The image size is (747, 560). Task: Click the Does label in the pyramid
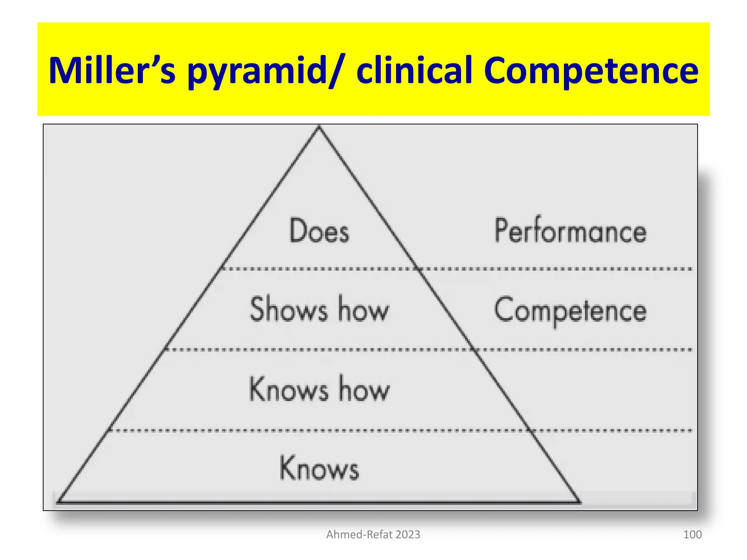click(x=319, y=230)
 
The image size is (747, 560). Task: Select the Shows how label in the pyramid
click(x=319, y=309)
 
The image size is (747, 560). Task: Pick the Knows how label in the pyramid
click(x=319, y=389)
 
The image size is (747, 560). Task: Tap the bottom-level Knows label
click(x=319, y=468)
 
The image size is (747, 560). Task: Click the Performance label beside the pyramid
click(x=570, y=230)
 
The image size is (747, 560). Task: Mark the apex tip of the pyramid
click(x=319, y=127)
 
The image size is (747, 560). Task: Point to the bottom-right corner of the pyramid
click(x=579, y=502)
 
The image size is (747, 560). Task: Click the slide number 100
click(x=692, y=534)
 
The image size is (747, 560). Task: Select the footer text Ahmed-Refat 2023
click(x=373, y=534)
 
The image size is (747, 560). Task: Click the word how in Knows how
click(x=364, y=389)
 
